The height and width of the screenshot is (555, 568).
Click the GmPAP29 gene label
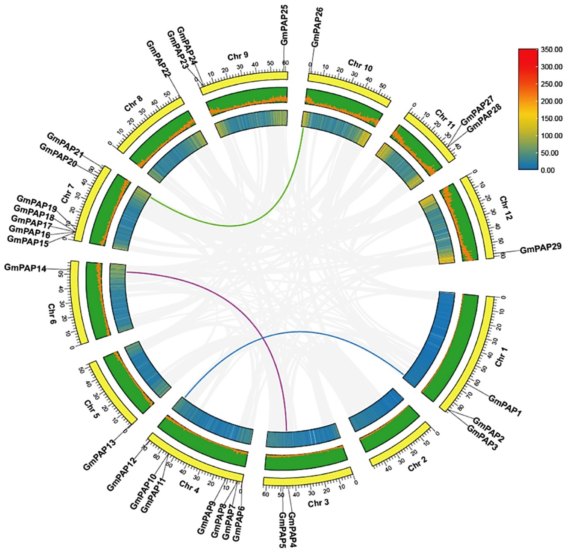(x=541, y=248)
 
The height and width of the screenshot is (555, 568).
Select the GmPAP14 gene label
(x=25, y=268)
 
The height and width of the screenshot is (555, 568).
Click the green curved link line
(x=233, y=225)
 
